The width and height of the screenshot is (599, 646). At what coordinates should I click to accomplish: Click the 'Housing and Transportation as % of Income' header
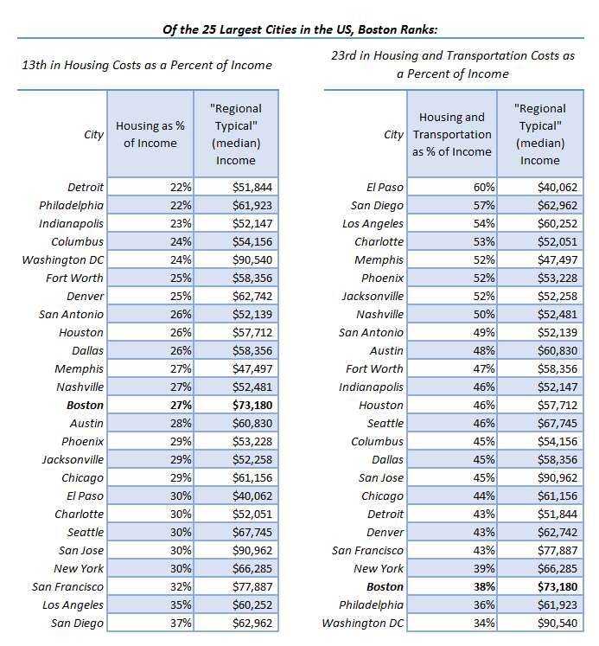tap(451, 135)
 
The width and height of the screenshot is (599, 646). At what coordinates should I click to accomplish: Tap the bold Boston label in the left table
tap(86, 405)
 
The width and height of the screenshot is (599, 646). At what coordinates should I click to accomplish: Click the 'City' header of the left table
tap(94, 135)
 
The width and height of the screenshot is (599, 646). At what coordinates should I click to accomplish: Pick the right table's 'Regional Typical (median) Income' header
tap(539, 135)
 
